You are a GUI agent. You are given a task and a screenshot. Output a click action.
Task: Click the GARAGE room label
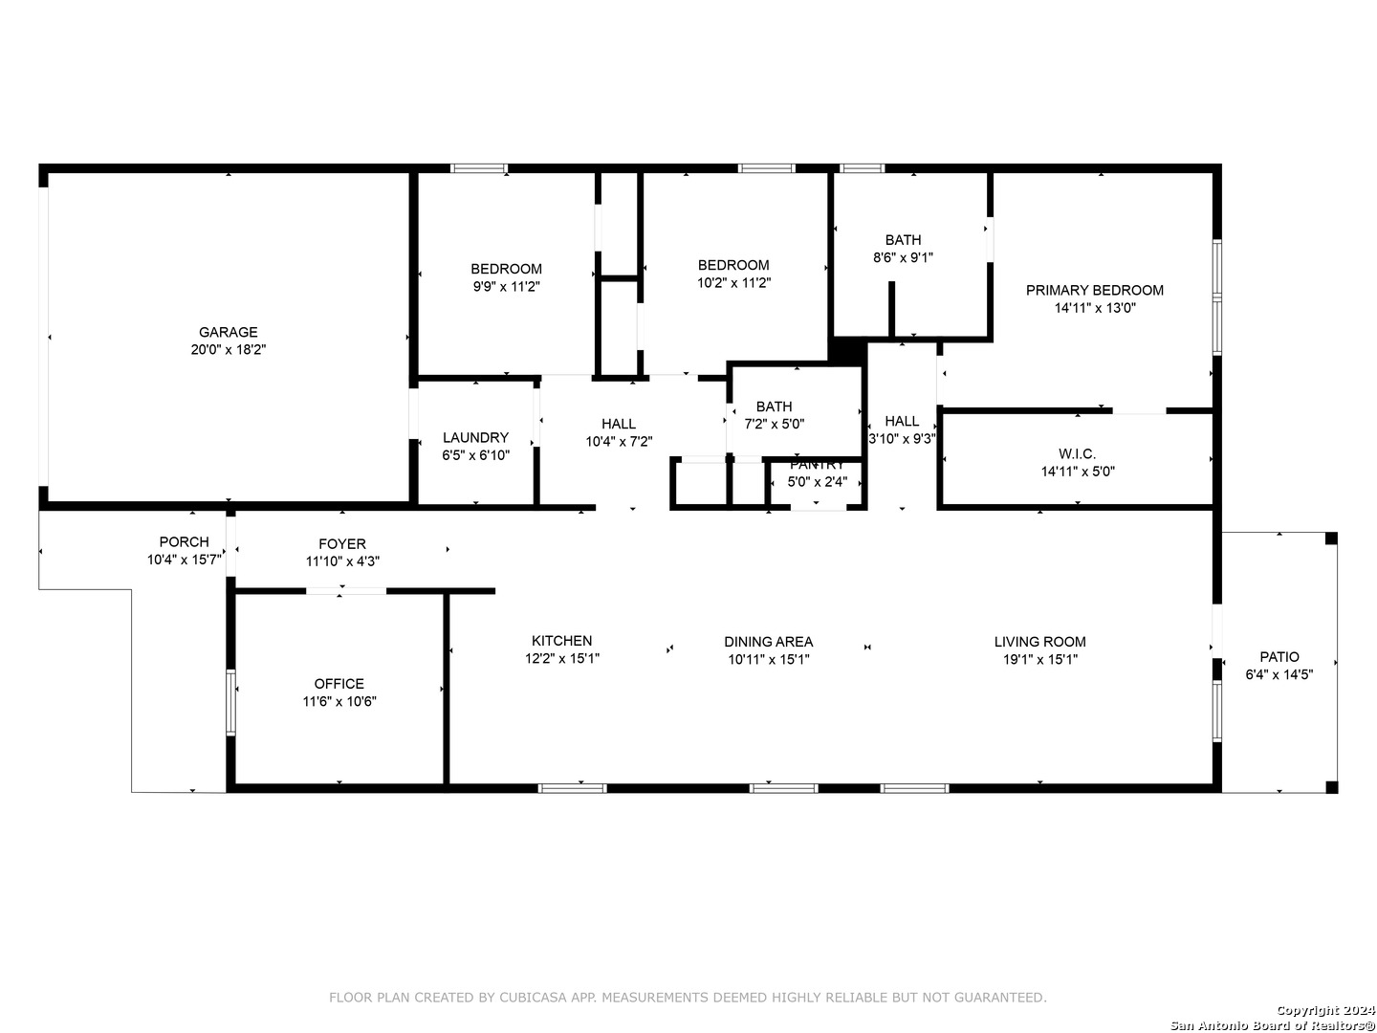pyautogui.click(x=228, y=332)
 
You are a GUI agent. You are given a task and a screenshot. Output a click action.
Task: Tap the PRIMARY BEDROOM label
pyautogui.click(x=1094, y=290)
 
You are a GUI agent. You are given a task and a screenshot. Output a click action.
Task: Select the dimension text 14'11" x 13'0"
pyautogui.click(x=1094, y=307)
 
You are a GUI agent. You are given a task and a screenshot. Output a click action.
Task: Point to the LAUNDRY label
pyautogui.click(x=475, y=437)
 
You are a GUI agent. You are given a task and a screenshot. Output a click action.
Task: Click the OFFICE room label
pyautogui.click(x=339, y=683)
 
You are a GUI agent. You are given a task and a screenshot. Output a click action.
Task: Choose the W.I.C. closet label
pyautogui.click(x=1077, y=453)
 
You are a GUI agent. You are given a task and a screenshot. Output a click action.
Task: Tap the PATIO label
pyautogui.click(x=1279, y=657)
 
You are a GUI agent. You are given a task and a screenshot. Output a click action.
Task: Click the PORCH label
pyautogui.click(x=184, y=541)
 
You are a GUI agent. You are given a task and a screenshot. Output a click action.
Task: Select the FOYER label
pyautogui.click(x=342, y=544)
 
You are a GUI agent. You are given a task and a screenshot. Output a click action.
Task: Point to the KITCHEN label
pyautogui.click(x=561, y=641)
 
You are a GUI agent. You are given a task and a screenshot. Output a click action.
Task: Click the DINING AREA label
pyautogui.click(x=768, y=642)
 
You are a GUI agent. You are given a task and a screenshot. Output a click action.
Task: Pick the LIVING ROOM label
pyautogui.click(x=1039, y=642)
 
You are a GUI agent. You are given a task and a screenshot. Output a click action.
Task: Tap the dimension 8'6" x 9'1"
pyautogui.click(x=903, y=257)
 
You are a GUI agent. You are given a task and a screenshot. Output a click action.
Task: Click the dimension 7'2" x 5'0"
pyautogui.click(x=774, y=424)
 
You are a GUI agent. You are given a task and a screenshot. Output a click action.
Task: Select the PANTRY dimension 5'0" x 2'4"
pyautogui.click(x=817, y=482)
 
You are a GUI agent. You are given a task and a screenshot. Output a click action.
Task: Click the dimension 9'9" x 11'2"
pyautogui.click(x=506, y=287)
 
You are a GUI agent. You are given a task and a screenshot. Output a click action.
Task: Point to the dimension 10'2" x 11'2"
pyautogui.click(x=733, y=283)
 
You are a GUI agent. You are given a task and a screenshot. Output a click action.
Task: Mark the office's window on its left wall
pyautogui.click(x=230, y=702)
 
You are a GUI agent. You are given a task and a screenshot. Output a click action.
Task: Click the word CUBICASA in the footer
pyautogui.click(x=533, y=998)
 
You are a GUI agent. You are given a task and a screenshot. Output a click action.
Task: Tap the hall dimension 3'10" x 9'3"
pyautogui.click(x=902, y=438)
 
